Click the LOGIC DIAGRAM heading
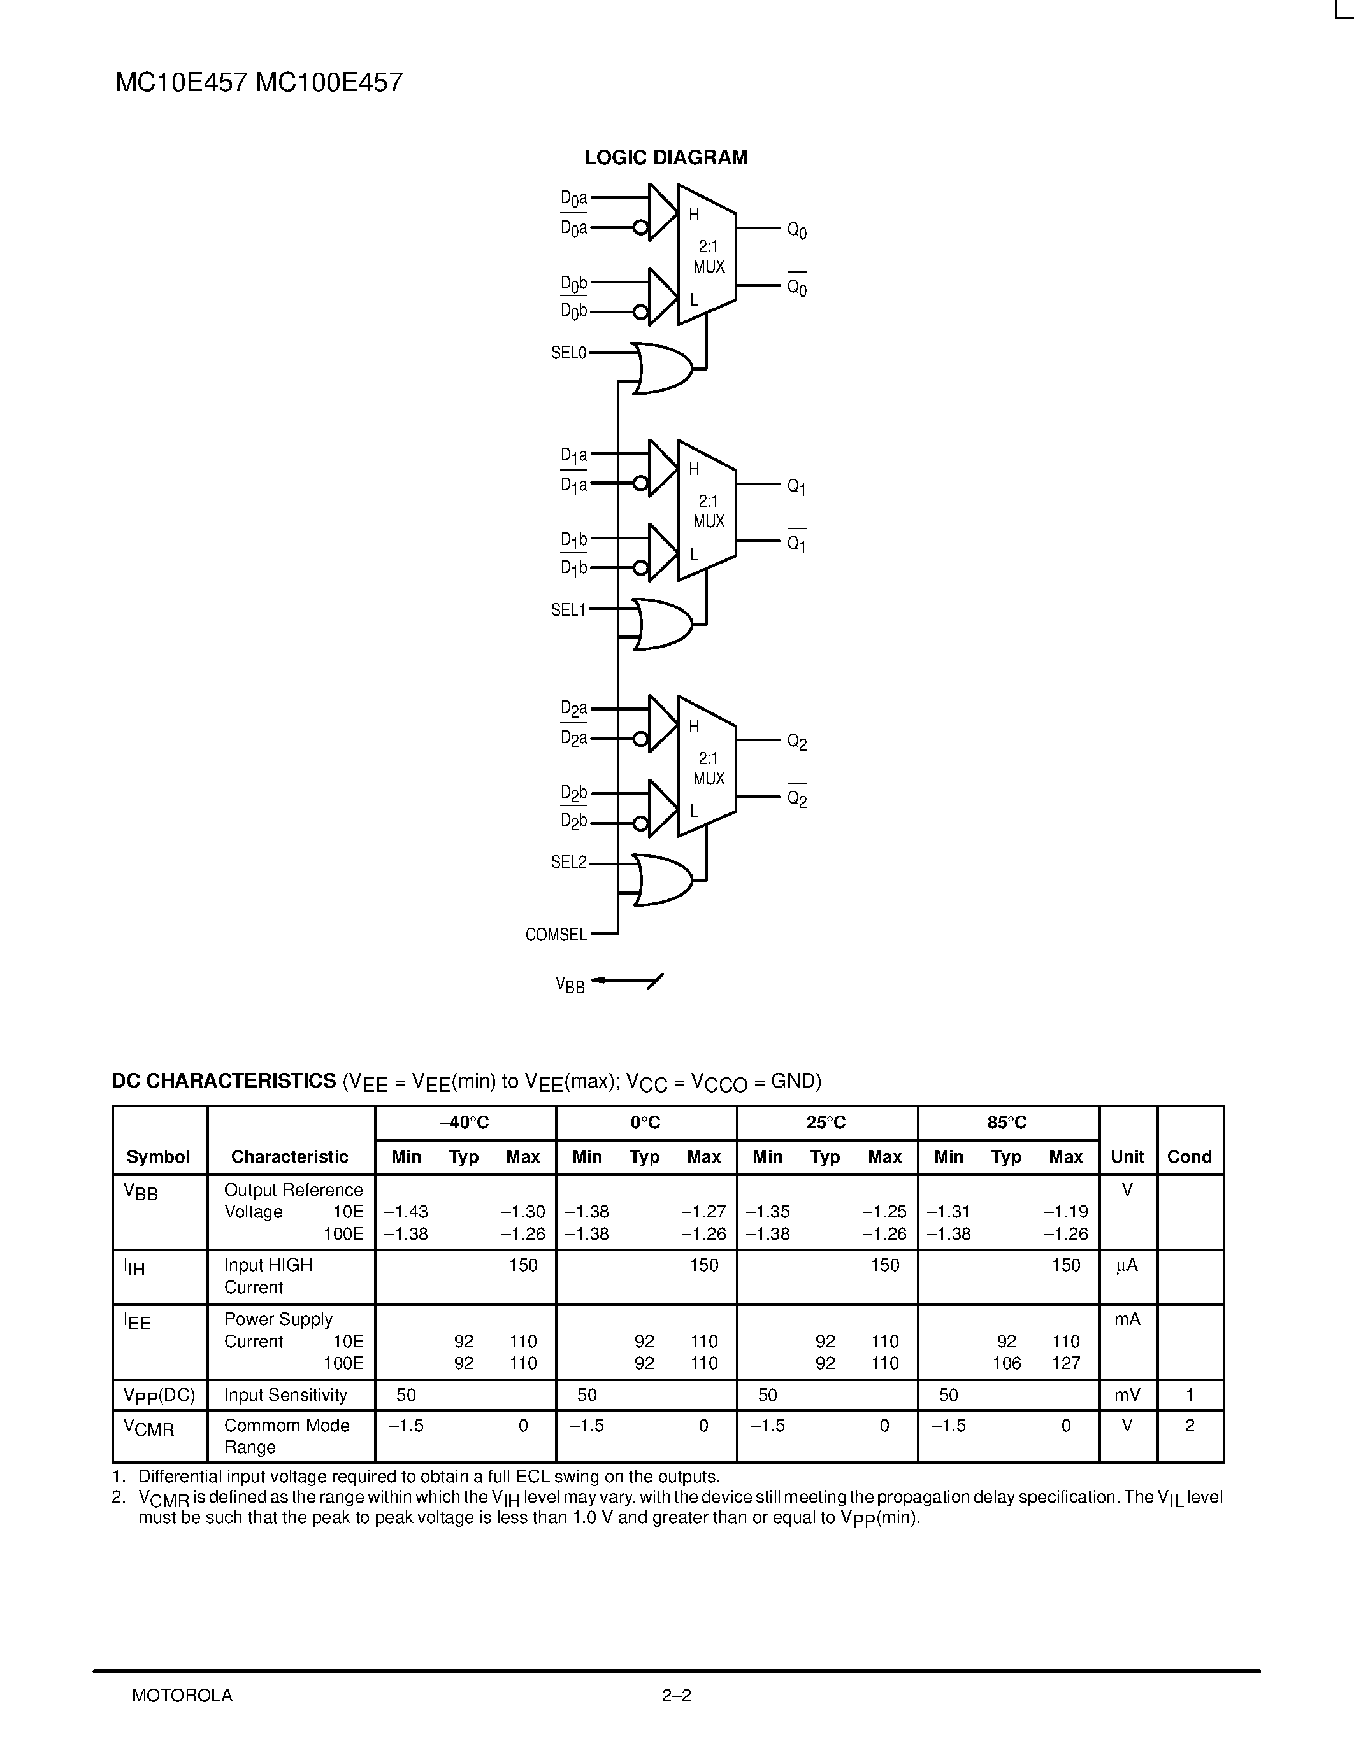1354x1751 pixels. click(x=666, y=158)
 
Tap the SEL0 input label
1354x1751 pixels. click(x=569, y=353)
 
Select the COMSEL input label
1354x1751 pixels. click(x=556, y=935)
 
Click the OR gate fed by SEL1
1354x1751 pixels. click(x=663, y=624)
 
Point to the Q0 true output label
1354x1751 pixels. click(x=796, y=231)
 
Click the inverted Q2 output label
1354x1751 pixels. click(x=796, y=798)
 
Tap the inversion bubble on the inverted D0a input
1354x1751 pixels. click(x=640, y=229)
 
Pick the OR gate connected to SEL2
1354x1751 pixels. click(x=663, y=879)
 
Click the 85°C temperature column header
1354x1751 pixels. click(x=1007, y=1123)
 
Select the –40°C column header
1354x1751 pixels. click(x=465, y=1123)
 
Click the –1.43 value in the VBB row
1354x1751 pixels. click(x=406, y=1212)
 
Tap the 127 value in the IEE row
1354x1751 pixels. click(x=1065, y=1363)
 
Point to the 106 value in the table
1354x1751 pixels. click(x=1007, y=1363)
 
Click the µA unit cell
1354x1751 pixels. click(x=1127, y=1265)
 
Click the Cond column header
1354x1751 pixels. click(x=1189, y=1157)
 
